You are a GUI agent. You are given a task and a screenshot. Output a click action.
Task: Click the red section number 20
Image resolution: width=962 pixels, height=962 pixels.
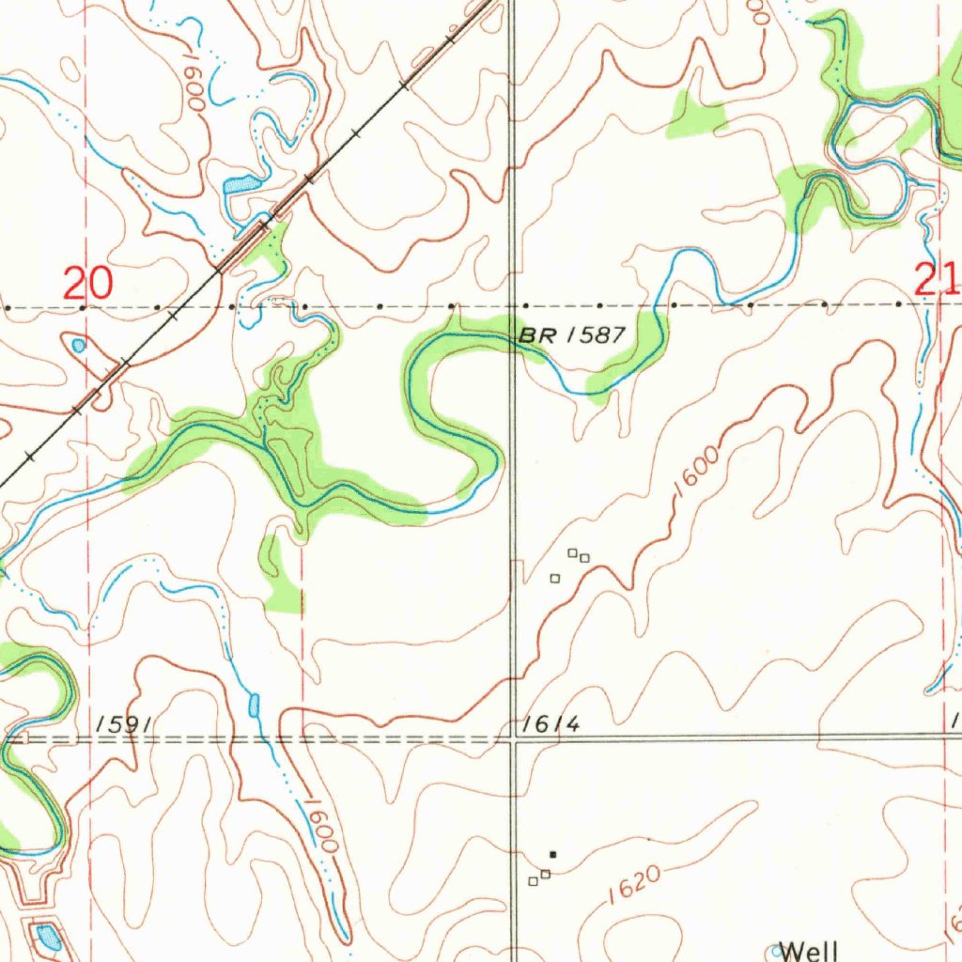click(x=88, y=283)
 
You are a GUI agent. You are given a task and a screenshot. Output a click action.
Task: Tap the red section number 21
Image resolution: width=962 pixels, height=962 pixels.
click(x=937, y=280)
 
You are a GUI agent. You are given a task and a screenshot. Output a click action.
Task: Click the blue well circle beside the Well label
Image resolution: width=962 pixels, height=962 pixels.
click(x=777, y=952)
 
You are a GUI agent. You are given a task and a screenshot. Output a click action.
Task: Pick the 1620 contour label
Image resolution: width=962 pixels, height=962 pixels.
click(x=635, y=884)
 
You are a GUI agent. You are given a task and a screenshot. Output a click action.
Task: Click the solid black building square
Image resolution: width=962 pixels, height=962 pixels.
click(x=552, y=854)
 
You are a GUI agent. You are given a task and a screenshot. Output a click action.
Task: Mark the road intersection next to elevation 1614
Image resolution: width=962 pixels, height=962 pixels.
click(x=513, y=739)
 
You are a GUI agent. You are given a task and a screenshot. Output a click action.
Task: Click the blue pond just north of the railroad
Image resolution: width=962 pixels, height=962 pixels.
click(x=240, y=184)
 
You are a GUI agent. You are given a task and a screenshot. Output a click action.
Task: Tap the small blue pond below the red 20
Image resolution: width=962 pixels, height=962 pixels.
click(x=78, y=346)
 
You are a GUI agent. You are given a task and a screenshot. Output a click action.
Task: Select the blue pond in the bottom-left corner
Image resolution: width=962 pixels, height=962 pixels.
click(x=45, y=936)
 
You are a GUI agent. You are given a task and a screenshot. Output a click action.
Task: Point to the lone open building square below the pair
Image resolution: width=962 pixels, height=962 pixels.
click(x=554, y=578)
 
